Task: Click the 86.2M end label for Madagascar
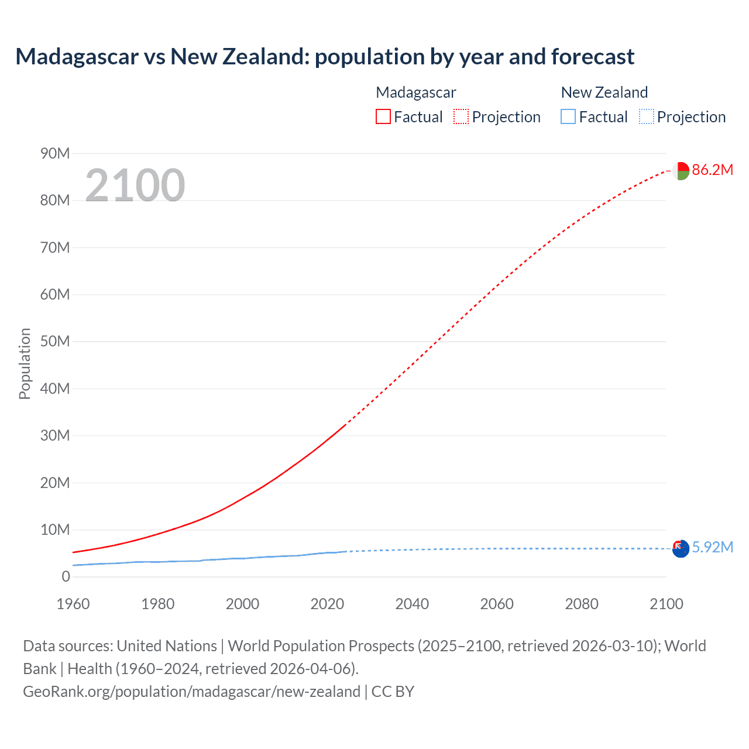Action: (712, 170)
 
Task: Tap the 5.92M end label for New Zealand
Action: (712, 548)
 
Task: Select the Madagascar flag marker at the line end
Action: (681, 171)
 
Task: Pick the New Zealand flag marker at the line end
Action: (681, 549)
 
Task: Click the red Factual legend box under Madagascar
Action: (383, 117)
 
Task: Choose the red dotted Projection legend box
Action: (461, 117)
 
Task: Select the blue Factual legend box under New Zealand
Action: (568, 117)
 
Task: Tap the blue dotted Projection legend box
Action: (646, 117)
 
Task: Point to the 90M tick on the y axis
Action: (55, 154)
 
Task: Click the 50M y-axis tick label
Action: (55, 342)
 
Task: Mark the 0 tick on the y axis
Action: (66, 577)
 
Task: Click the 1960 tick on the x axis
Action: (73, 604)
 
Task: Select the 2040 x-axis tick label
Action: (412, 604)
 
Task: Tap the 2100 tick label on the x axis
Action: (666, 604)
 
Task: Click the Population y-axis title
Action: (25, 364)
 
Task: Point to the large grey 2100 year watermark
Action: (135, 185)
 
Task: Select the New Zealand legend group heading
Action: (604, 92)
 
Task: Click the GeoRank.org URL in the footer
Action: (191, 692)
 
